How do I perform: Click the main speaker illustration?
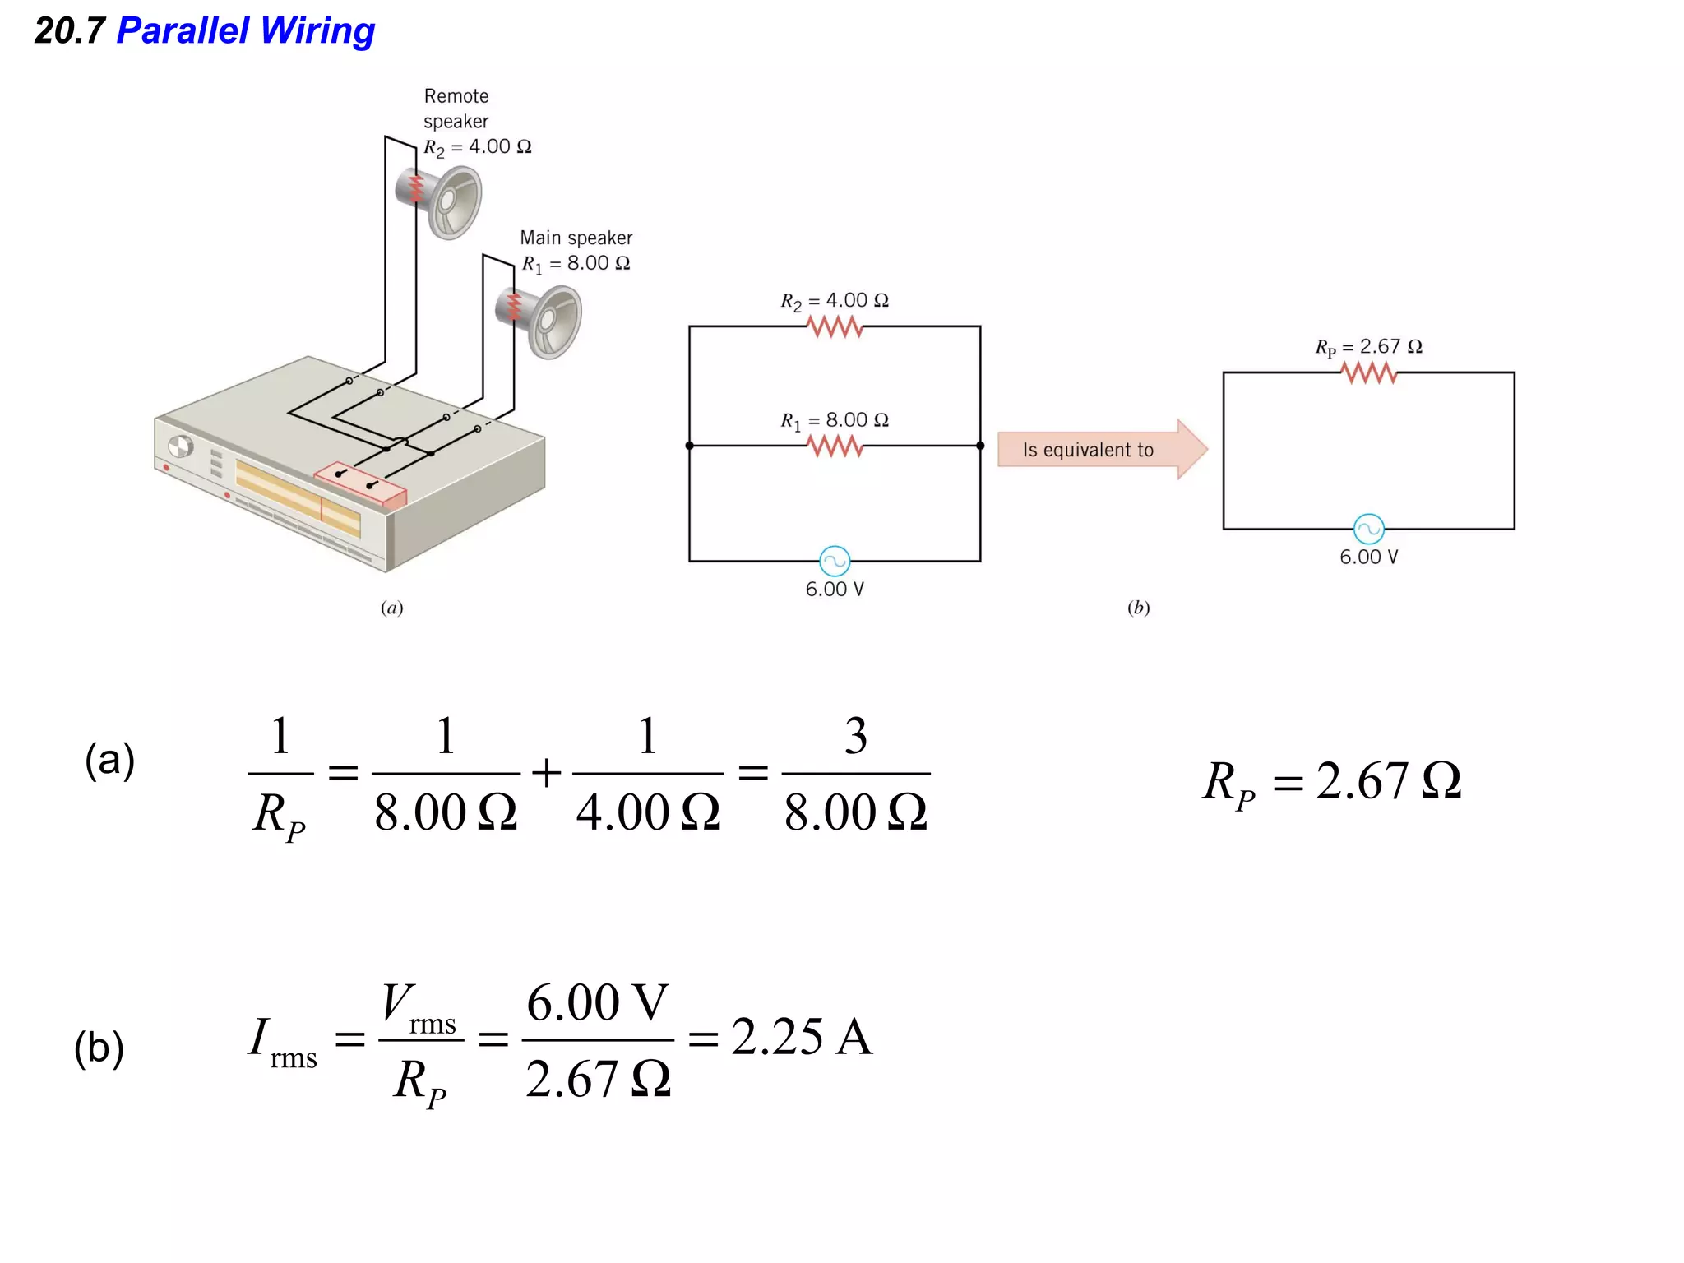543,321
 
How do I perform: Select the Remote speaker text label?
456,109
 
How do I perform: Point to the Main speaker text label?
576,238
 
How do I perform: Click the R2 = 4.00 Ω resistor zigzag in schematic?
835,327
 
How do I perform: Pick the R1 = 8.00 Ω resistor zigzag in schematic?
835,446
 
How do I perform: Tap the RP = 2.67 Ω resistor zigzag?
1368,373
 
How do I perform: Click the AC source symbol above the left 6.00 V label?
835,562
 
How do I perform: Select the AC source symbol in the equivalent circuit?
1368,529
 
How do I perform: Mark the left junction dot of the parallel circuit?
689,446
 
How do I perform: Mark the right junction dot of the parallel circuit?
980,446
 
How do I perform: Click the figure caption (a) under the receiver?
391,608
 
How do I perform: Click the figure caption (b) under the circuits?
1138,608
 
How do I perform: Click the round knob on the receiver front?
180,446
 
